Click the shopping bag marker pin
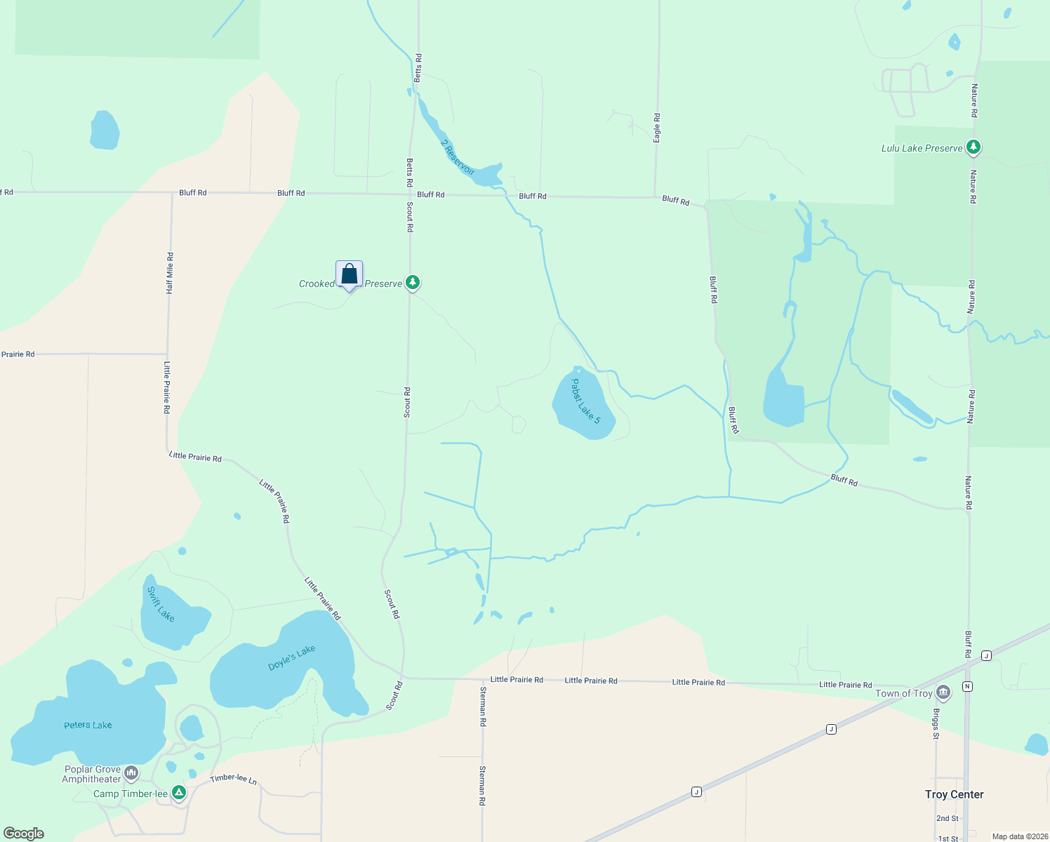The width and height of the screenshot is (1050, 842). pyautogui.click(x=349, y=274)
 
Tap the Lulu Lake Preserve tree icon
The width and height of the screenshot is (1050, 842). pyautogui.click(x=973, y=147)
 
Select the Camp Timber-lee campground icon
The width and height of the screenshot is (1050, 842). pyautogui.click(x=179, y=793)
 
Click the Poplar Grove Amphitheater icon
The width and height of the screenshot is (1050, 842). pyautogui.click(x=131, y=774)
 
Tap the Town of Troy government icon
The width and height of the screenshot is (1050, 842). pyautogui.click(x=943, y=693)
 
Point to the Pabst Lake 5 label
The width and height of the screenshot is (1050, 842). pyautogui.click(x=585, y=401)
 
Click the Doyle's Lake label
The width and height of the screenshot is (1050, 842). pyautogui.click(x=292, y=658)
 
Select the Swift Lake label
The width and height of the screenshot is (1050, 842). pyautogui.click(x=161, y=604)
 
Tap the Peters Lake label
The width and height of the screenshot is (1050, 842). pyautogui.click(x=88, y=725)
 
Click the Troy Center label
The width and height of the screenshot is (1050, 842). pyautogui.click(x=954, y=794)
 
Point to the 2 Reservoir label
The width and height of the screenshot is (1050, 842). pyautogui.click(x=458, y=157)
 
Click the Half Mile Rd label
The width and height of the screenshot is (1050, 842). pyautogui.click(x=170, y=274)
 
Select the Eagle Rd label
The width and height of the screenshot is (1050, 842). pyautogui.click(x=657, y=128)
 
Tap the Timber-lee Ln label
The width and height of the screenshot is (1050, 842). pyautogui.click(x=234, y=779)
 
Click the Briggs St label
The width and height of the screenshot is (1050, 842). pyautogui.click(x=936, y=723)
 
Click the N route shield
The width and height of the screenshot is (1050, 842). pyautogui.click(x=968, y=686)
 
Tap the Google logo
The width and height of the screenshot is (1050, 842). pyautogui.click(x=24, y=834)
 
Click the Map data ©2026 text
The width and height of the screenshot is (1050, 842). pyautogui.click(x=1019, y=836)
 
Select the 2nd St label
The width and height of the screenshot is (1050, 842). pyautogui.click(x=947, y=818)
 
